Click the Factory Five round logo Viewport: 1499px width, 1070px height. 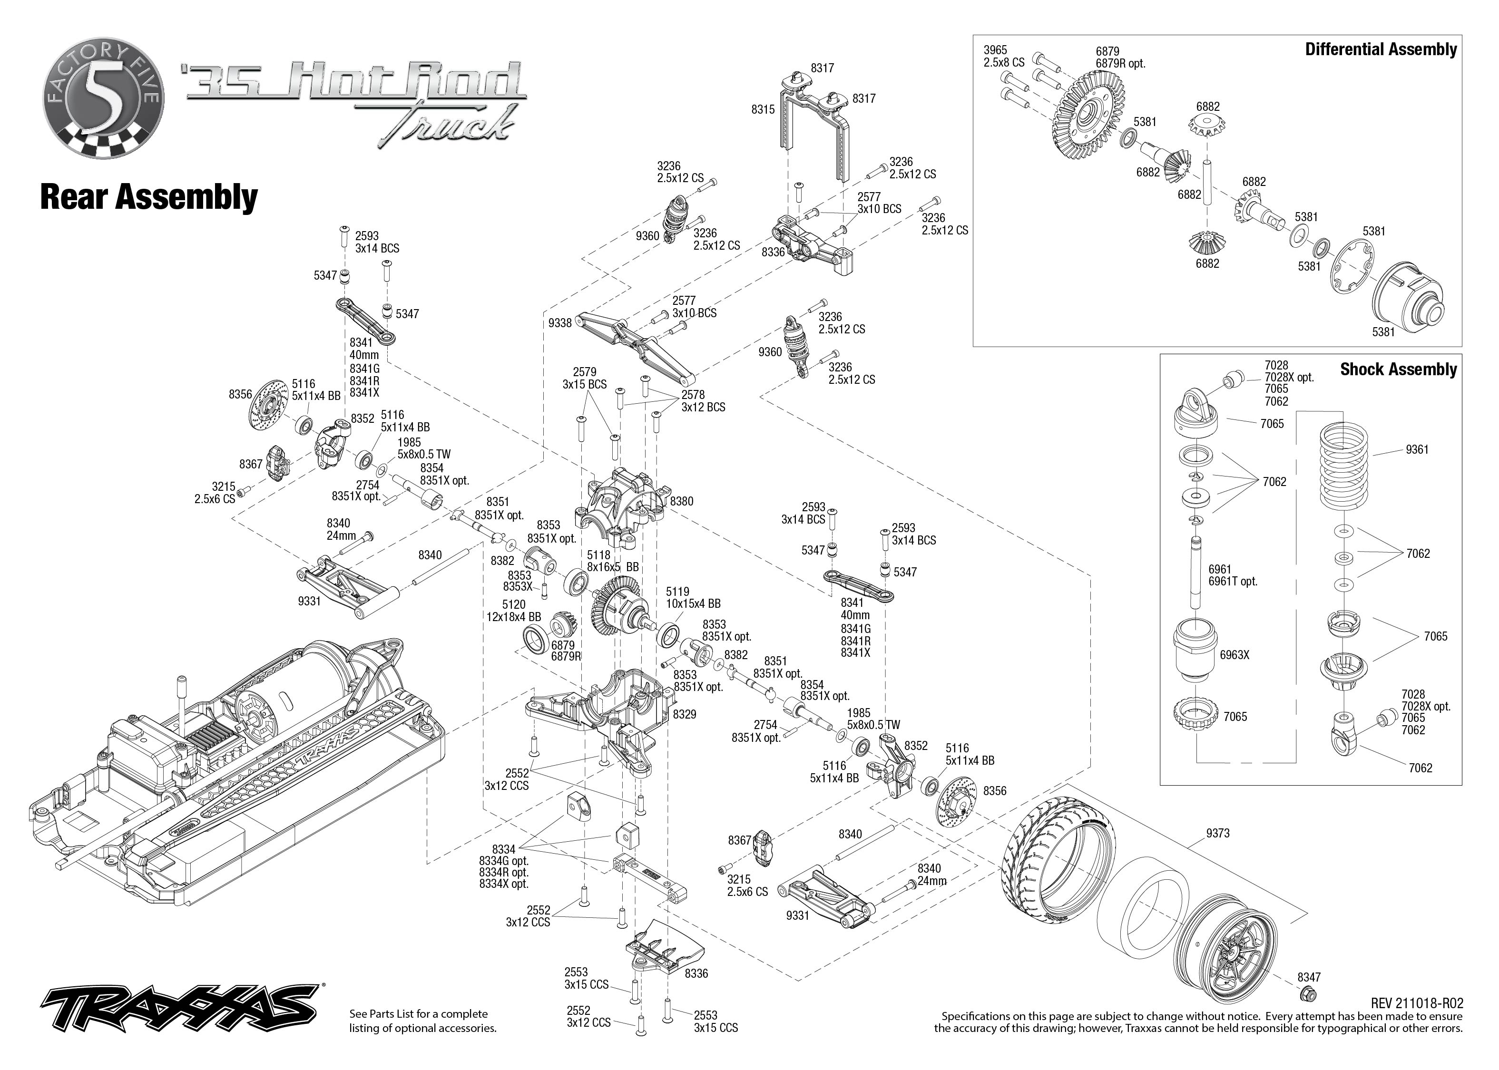[x=103, y=97]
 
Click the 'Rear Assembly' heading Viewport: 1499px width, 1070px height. [x=149, y=196]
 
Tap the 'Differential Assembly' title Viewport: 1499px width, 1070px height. [x=1381, y=49]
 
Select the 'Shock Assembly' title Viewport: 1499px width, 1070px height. [x=1398, y=369]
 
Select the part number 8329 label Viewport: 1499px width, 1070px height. [x=684, y=714]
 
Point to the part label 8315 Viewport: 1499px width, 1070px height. [x=763, y=109]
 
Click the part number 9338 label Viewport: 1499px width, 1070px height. [x=559, y=323]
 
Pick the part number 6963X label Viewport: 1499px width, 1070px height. [x=1234, y=655]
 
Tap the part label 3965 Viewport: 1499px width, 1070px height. [x=995, y=50]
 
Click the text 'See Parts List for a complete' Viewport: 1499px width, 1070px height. [x=419, y=1013]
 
